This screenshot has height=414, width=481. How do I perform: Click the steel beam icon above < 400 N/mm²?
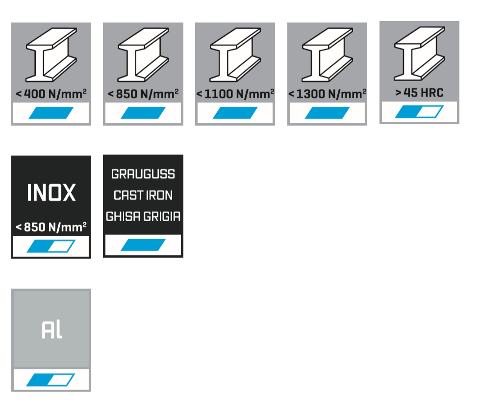point(51,54)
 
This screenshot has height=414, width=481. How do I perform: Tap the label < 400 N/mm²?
point(51,93)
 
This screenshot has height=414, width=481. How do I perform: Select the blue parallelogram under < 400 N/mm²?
point(51,113)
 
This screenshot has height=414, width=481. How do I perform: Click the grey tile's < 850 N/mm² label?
point(143,93)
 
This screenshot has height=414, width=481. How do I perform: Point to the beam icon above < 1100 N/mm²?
point(235,54)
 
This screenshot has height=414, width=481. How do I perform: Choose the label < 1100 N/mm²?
point(235,93)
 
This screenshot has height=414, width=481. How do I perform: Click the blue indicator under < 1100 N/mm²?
point(235,113)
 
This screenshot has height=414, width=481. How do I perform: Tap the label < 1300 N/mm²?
point(327,93)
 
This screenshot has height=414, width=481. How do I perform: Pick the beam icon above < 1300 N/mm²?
point(327,54)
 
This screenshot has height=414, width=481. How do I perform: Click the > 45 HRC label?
point(419,92)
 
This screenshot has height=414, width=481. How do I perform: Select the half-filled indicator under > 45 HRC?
point(419,112)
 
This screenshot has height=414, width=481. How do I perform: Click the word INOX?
point(51,193)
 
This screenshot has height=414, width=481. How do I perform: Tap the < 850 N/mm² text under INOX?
point(51,227)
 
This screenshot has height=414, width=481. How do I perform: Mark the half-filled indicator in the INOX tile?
point(51,246)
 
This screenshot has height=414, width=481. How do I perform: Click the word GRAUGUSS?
point(143,174)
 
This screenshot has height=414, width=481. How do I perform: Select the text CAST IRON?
point(143,195)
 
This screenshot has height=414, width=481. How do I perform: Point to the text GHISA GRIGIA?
point(143,217)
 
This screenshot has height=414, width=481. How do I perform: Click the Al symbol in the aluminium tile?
point(51,331)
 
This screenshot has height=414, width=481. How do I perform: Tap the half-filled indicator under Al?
point(51,380)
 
